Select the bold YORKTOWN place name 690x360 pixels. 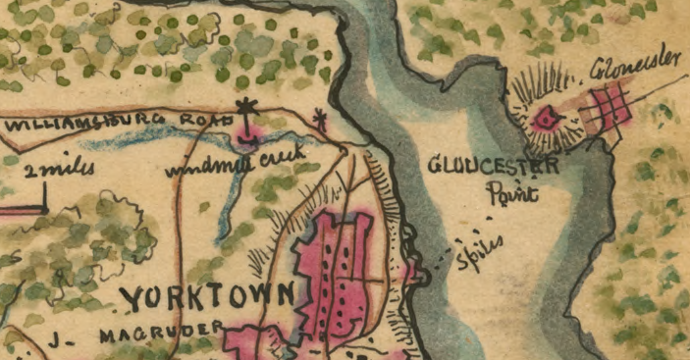(206, 296)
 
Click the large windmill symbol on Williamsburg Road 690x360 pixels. (246, 111)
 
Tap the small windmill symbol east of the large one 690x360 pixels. (318, 121)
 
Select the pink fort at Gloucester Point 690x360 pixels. (543, 118)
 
